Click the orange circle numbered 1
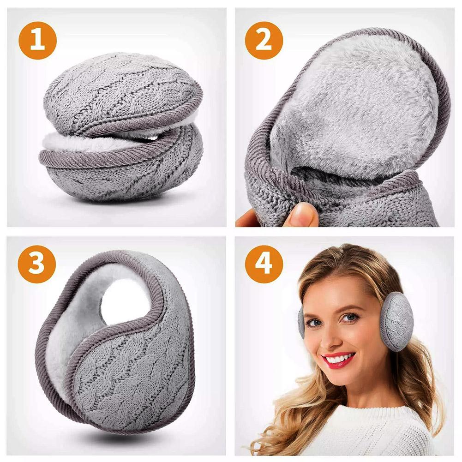click(x=37, y=40)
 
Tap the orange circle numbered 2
click(x=264, y=40)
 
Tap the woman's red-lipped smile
click(x=339, y=360)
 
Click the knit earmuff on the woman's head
click(x=396, y=321)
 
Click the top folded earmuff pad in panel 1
click(x=122, y=94)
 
